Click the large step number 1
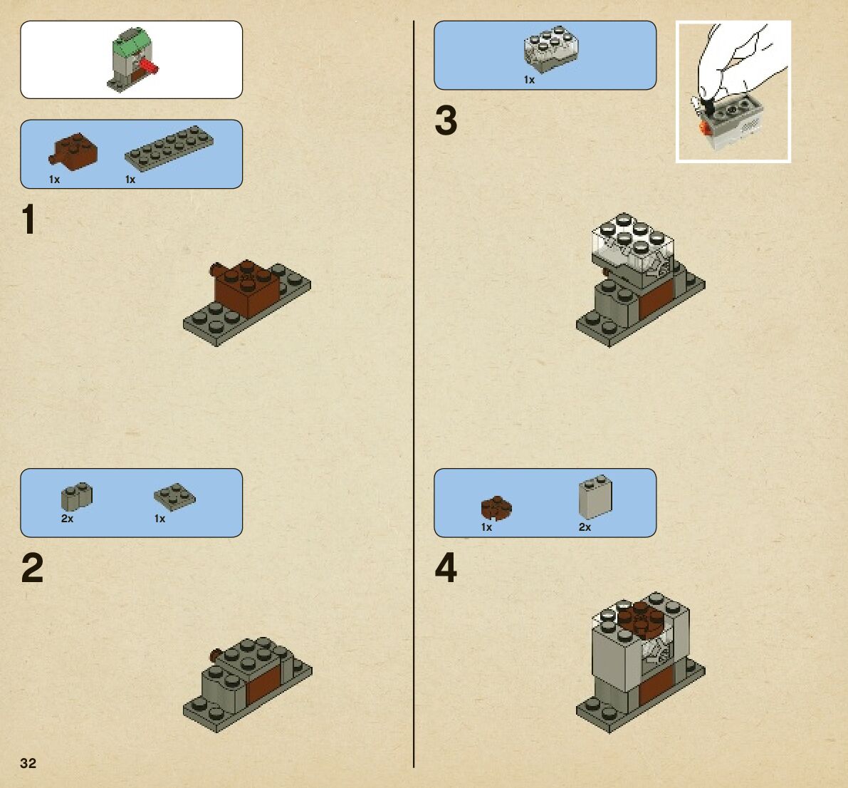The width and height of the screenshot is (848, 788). coord(28,219)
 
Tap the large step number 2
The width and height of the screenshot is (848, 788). coord(33,569)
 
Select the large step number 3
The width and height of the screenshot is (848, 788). coord(446,120)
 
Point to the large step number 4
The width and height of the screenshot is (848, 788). coord(446,569)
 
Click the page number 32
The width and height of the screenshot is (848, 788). coord(28,763)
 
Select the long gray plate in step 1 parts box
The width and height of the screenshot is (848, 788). coord(169,148)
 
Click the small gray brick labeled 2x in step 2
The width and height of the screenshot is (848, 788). coord(76,497)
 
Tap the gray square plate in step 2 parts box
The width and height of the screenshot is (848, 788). coord(174,497)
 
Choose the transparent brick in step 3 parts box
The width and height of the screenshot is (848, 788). coord(550,49)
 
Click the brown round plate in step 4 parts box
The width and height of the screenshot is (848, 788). coord(496,509)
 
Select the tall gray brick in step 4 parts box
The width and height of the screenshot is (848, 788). coord(595,497)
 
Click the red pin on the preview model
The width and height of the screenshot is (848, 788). coord(148,67)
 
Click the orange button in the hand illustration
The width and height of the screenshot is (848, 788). coord(703,128)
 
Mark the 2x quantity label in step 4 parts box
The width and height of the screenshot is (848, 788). coord(585,527)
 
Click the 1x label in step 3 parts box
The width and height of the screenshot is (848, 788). coord(529,80)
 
